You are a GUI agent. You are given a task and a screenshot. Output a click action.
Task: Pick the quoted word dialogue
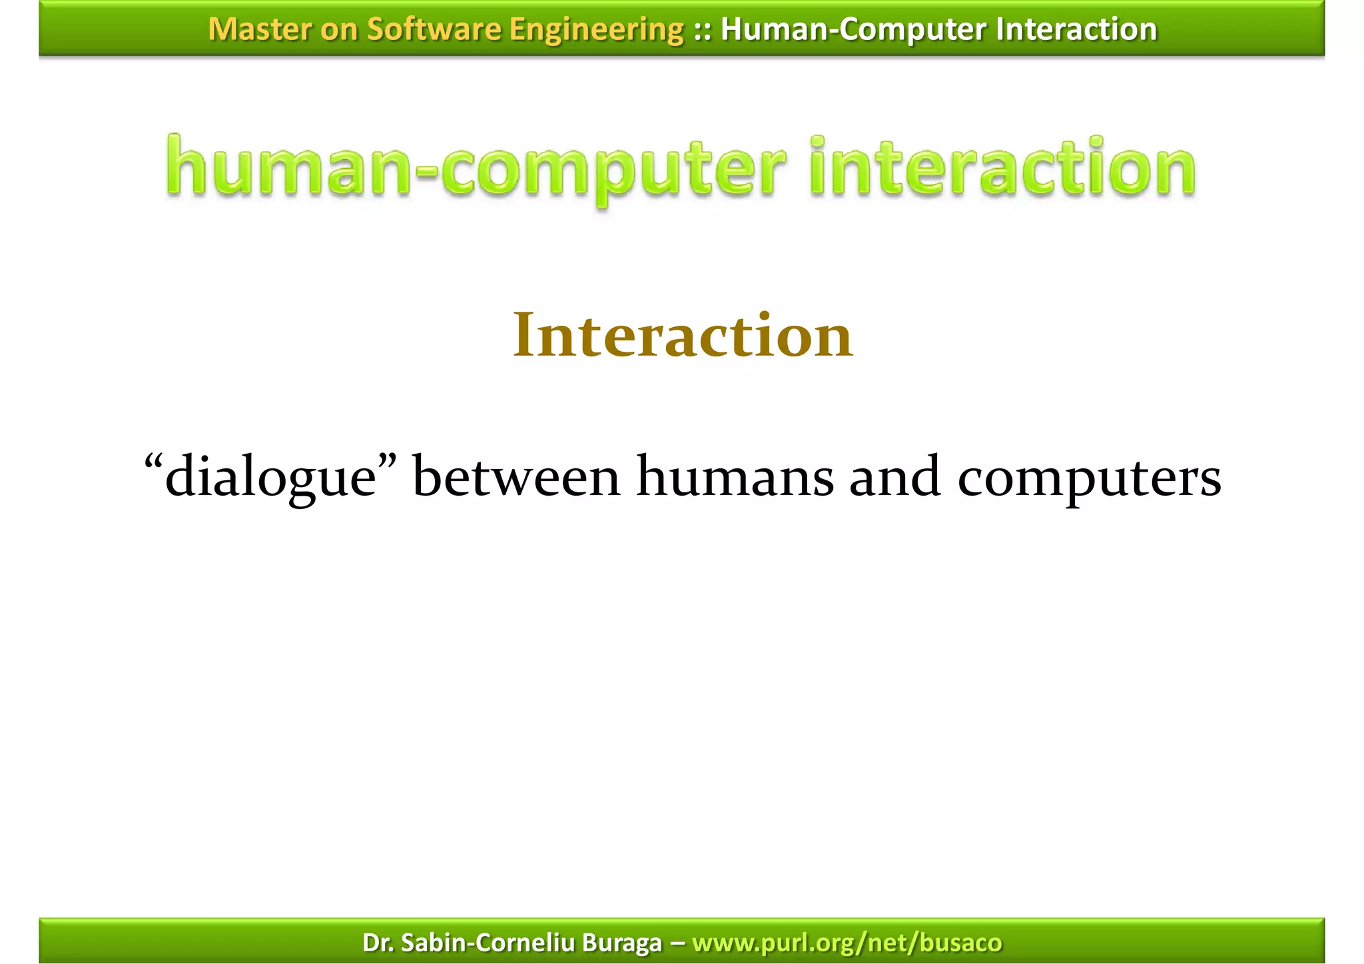point(270,477)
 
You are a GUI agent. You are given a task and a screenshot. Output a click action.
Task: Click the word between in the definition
point(516,477)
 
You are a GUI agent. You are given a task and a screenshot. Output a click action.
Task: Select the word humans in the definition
point(735,477)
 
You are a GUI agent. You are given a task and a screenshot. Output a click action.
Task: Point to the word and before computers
point(894,477)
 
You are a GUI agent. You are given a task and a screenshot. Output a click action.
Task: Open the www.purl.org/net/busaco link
point(847,943)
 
